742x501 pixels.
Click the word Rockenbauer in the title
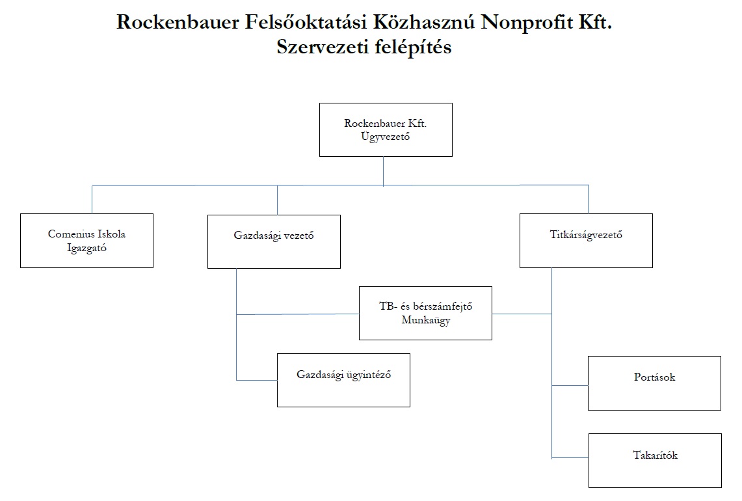point(178,21)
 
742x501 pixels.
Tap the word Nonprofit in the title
point(526,21)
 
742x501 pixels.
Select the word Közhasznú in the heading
point(423,21)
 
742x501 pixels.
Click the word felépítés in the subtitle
point(413,47)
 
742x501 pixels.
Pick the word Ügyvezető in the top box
point(385,137)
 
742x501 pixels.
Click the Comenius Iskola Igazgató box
point(86,241)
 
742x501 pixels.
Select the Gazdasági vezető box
point(274,241)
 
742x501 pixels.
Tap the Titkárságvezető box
point(586,241)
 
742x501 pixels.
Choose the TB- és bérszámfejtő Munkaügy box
point(425,313)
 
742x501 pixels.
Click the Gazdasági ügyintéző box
point(343,380)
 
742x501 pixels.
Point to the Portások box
point(654,383)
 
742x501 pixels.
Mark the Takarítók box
point(656,460)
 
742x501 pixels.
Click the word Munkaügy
point(426,320)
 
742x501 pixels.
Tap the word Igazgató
point(86,248)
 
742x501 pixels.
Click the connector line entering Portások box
point(570,385)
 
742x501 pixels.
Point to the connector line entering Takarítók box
point(570,458)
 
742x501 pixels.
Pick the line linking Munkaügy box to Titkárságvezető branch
point(522,314)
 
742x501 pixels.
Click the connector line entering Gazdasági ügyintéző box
point(256,380)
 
